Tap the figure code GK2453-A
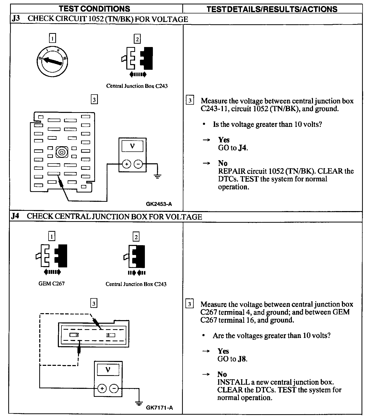point(159,204)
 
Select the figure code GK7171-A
point(159,408)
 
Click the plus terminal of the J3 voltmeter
point(127,164)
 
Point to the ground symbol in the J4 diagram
point(139,403)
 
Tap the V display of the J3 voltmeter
point(132,146)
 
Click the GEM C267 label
point(51,283)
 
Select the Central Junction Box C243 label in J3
point(137,86)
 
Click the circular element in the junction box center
point(62,152)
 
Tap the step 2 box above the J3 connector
point(137,39)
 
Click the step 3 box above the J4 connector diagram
point(94,303)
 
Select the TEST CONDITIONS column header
point(95,9)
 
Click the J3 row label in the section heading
point(16,19)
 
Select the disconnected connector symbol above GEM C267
point(52,256)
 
